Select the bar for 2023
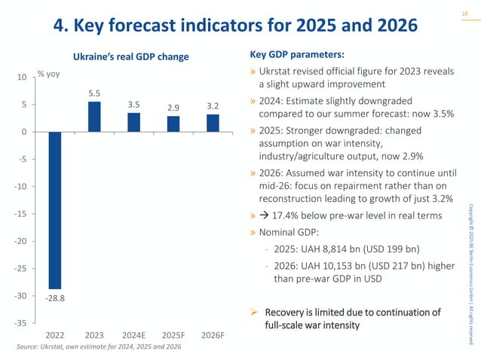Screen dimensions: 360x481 pos(94,117)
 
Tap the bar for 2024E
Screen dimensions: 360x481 pos(133,122)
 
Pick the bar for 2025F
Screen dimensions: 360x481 pos(173,124)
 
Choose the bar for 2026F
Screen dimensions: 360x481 pos(213,123)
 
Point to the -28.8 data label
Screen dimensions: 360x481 pos(54,297)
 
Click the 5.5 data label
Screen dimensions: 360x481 pos(94,93)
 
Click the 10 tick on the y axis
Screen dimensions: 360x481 pos(23,77)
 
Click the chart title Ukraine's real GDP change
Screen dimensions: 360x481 pos(130,57)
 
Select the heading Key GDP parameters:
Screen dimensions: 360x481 pos(296,55)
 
